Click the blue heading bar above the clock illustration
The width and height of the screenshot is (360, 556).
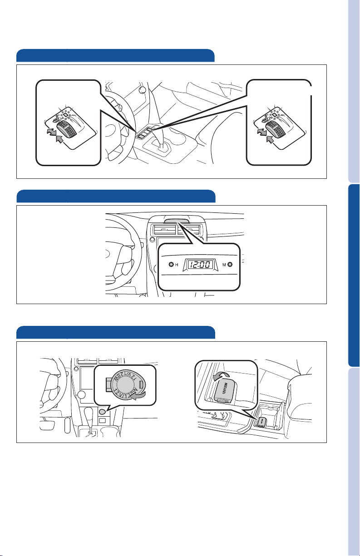coord(115,196)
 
